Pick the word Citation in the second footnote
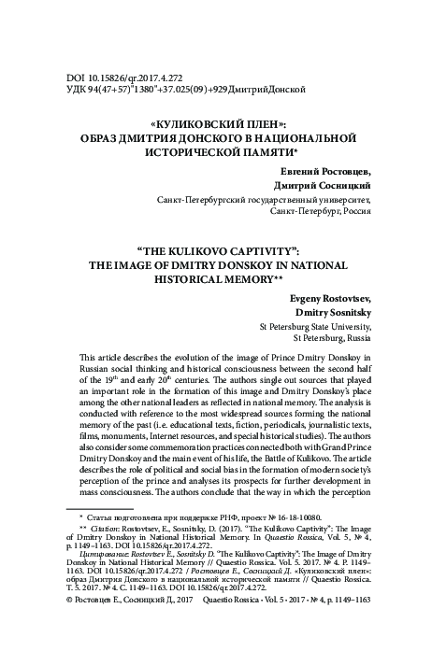click(106, 553)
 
